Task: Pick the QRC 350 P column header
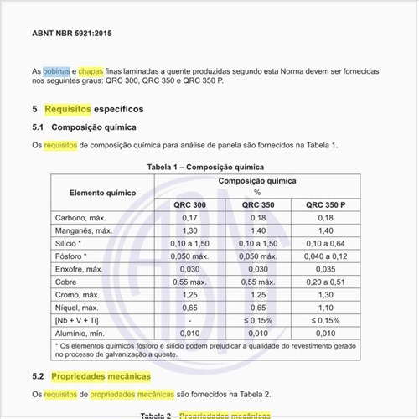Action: coord(326,204)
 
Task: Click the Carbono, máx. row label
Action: coord(78,218)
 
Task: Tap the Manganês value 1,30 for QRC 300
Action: coord(189,230)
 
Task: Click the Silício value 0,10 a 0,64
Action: coord(326,243)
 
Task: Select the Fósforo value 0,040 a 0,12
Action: coord(326,256)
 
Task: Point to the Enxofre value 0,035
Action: coord(326,269)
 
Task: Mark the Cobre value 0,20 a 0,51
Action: coord(326,282)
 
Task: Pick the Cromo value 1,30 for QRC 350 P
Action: coord(326,295)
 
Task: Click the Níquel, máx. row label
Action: coord(75,308)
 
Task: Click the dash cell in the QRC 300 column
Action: coord(189,320)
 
